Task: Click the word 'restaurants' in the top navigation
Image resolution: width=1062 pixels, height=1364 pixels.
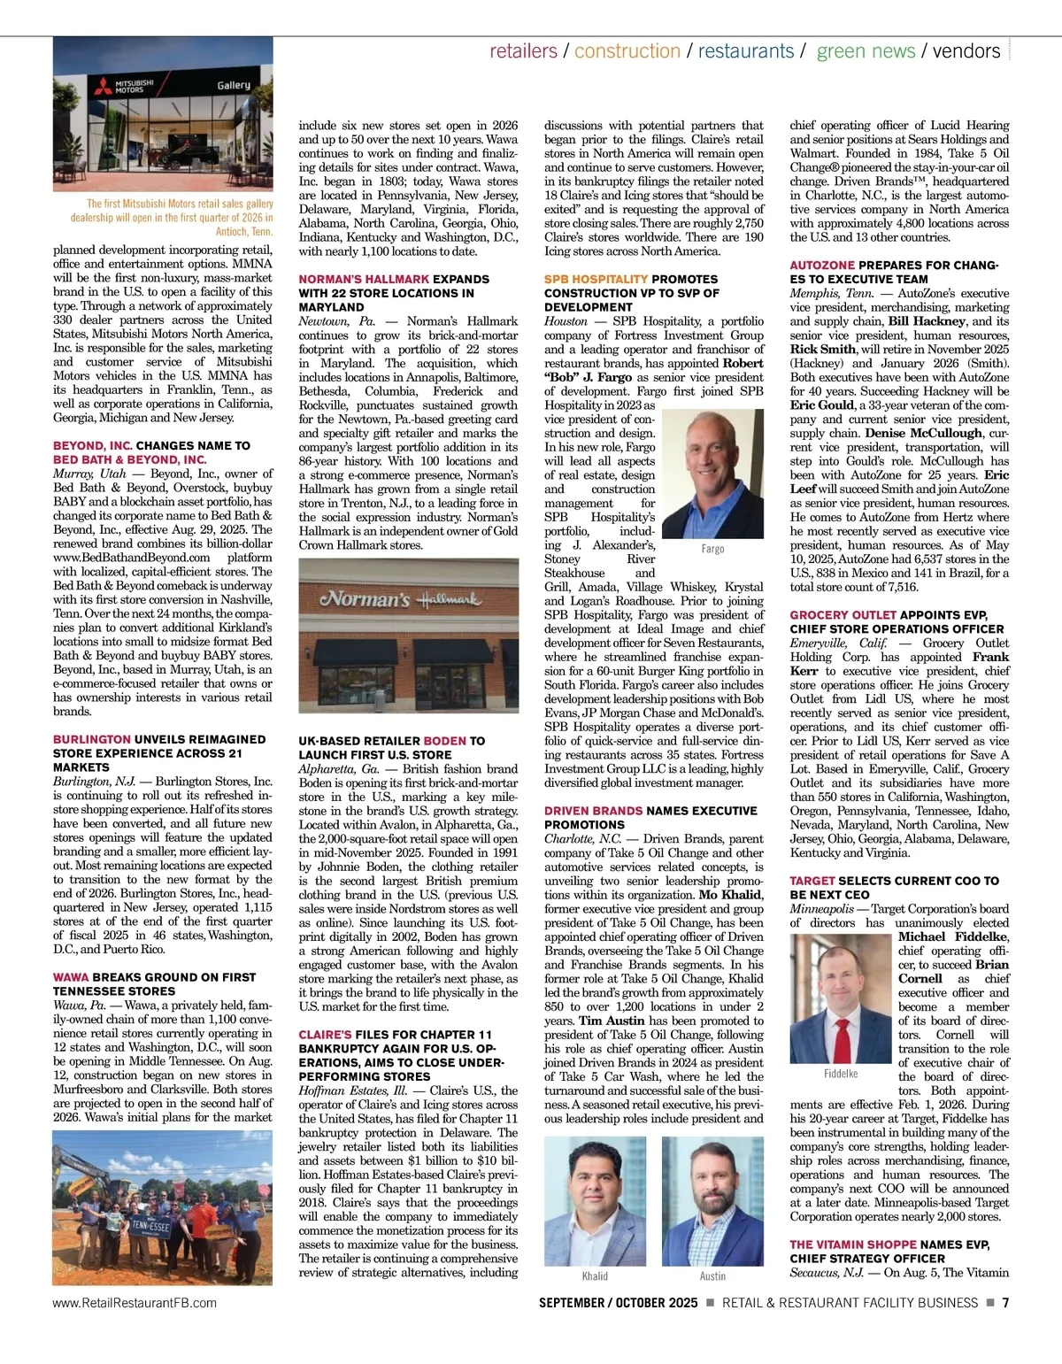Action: pyautogui.click(x=745, y=51)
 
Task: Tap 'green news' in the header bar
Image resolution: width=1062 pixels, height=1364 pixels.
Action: pyautogui.click(x=866, y=51)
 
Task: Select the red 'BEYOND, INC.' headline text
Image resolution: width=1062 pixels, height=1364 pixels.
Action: pyautogui.click(x=93, y=445)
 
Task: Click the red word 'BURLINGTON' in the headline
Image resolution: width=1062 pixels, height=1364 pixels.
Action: pyautogui.click(x=92, y=739)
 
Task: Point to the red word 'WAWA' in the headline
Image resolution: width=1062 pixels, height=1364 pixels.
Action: pyautogui.click(x=71, y=977)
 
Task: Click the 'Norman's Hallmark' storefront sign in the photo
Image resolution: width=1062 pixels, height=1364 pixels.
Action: pyautogui.click(x=401, y=599)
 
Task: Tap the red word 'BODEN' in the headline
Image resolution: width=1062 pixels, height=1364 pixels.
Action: pyautogui.click(x=444, y=741)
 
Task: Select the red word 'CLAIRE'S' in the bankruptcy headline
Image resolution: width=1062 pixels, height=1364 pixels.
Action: pyautogui.click(x=325, y=1034)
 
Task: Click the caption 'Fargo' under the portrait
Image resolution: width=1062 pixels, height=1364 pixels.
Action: pyautogui.click(x=712, y=549)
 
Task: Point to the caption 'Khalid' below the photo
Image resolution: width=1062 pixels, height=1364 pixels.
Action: pyautogui.click(x=595, y=1275)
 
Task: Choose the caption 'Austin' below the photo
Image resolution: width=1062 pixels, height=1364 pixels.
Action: pyautogui.click(x=712, y=1275)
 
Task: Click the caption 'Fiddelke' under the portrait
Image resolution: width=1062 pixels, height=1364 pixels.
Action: pyautogui.click(x=841, y=1074)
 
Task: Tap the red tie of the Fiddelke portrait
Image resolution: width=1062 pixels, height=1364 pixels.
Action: pyautogui.click(x=840, y=1018)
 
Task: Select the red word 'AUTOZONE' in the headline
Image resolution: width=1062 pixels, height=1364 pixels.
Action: pyautogui.click(x=822, y=265)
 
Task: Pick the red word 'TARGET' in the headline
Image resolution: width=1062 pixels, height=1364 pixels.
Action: pyautogui.click(x=812, y=881)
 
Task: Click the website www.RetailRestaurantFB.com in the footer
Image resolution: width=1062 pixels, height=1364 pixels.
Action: pyautogui.click(x=135, y=1303)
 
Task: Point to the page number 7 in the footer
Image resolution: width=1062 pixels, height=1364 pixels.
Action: pyautogui.click(x=1006, y=1303)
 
